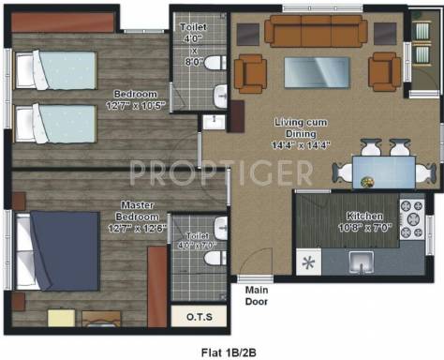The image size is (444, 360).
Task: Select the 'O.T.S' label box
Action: click(x=197, y=317)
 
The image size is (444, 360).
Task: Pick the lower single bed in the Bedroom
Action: click(x=57, y=123)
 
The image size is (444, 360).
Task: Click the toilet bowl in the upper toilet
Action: click(x=215, y=64)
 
